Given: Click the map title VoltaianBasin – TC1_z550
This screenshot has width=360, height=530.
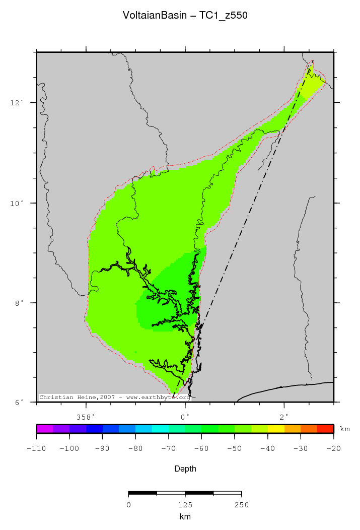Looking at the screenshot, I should [x=185, y=16].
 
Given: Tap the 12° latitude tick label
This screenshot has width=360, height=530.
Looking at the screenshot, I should [x=17, y=103].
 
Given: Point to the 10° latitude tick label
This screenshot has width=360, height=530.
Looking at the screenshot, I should [x=17, y=203].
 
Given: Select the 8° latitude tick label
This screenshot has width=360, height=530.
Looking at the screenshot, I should [x=19, y=303].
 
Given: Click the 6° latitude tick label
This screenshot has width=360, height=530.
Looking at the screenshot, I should [x=19, y=403].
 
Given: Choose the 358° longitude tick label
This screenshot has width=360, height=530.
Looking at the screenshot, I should [x=86, y=417].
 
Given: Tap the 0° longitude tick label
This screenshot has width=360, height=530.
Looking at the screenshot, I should [x=185, y=417].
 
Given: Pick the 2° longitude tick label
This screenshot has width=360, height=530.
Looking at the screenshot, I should [x=284, y=417].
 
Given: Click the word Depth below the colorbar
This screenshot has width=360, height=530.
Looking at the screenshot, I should [x=185, y=469].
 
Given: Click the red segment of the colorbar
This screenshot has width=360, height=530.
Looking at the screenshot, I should [x=325, y=429].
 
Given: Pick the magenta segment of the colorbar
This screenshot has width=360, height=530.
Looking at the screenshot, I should [x=44, y=429].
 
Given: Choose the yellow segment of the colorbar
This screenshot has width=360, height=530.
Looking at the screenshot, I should [x=276, y=429].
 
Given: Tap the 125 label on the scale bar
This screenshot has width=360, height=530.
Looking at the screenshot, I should [x=185, y=505].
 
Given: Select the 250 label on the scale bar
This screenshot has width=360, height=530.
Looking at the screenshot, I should [x=241, y=505].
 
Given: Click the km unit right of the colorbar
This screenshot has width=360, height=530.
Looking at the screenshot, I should [x=345, y=429].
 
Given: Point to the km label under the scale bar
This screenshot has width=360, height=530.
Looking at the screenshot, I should [x=185, y=517].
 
